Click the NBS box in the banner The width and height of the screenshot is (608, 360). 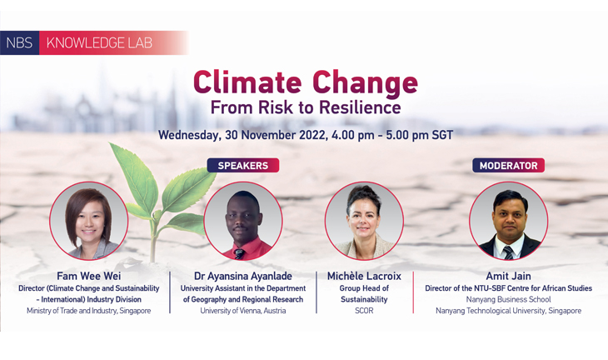[x=19, y=42]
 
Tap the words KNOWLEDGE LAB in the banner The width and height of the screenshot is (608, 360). [x=99, y=42]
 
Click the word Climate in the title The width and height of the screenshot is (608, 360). [x=247, y=82]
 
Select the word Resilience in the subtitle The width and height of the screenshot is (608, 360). [x=361, y=107]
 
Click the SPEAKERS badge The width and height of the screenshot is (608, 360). [x=243, y=165]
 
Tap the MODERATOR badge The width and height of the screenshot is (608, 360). [x=508, y=165]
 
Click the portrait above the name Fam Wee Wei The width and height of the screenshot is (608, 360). [x=89, y=221]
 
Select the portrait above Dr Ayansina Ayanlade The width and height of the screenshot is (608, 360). [x=243, y=221]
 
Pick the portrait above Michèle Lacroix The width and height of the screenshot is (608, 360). [x=364, y=221]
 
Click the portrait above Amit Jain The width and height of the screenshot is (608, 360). [x=508, y=221]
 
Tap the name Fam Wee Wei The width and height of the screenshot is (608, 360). [x=89, y=276]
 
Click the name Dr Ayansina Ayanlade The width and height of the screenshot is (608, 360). [x=243, y=276]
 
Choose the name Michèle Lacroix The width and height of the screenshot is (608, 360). [x=364, y=276]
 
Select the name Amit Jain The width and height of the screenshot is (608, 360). [x=508, y=276]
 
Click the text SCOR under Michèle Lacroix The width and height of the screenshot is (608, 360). [x=364, y=311]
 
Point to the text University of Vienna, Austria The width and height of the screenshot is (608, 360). [x=243, y=311]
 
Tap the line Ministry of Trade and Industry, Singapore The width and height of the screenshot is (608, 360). [x=89, y=311]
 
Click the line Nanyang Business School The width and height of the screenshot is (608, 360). [x=508, y=299]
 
